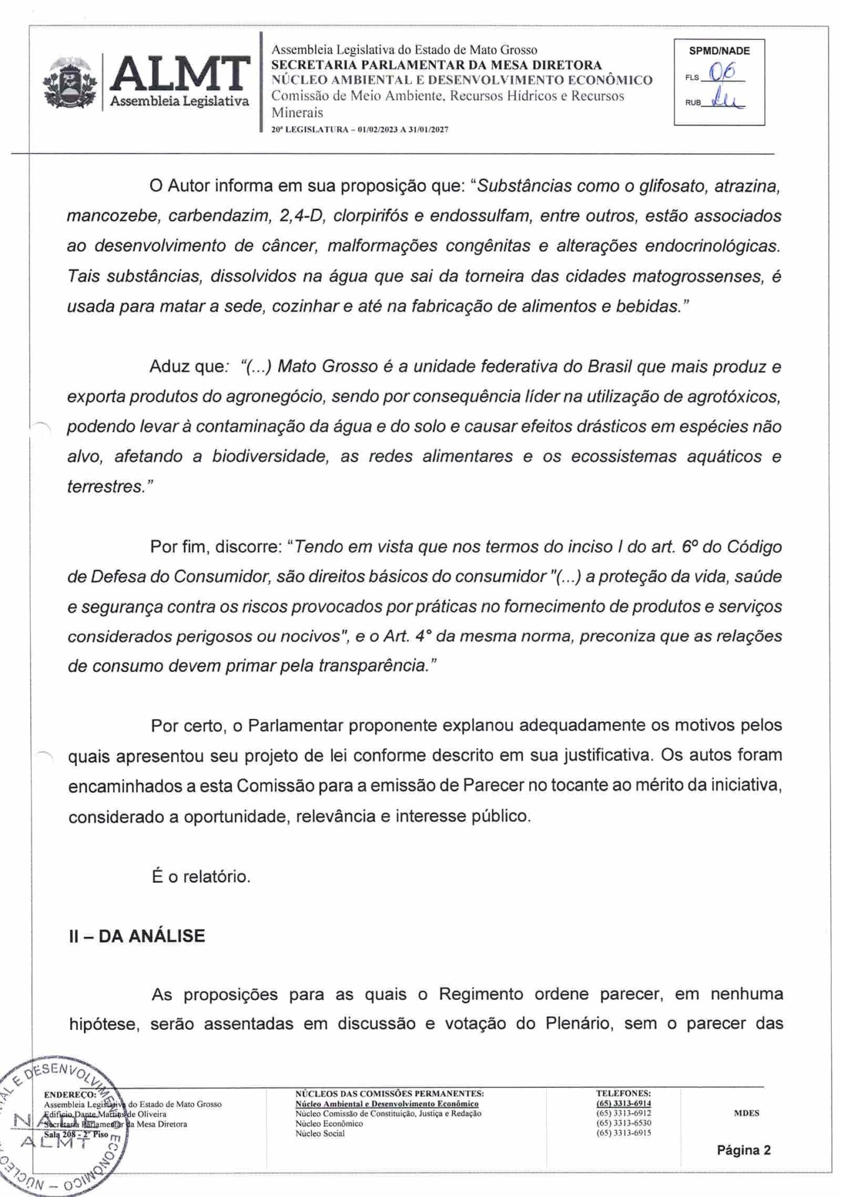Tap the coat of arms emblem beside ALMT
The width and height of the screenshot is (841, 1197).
pos(70,83)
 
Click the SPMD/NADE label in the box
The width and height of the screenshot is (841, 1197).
pos(719,51)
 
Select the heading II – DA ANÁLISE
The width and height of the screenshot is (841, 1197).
pos(137,936)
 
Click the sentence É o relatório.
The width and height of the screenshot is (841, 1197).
pos(201,877)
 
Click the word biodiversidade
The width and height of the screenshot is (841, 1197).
pos(269,456)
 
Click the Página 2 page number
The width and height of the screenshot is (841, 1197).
pos(743,1150)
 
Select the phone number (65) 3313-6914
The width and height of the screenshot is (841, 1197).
pos(623,1103)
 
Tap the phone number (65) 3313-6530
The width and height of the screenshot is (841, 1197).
pos(623,1123)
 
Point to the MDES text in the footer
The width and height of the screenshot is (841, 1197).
pos(746,1113)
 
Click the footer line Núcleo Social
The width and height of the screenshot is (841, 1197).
pos(320,1133)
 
